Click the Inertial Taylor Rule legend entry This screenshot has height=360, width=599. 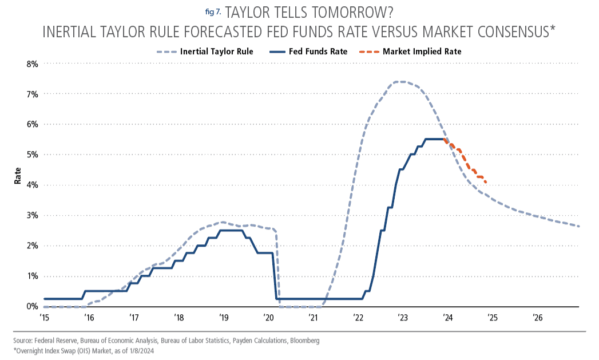[205, 52]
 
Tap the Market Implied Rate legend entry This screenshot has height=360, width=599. [410, 52]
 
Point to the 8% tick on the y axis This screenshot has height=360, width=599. [32, 64]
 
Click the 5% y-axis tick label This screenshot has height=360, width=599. [32, 155]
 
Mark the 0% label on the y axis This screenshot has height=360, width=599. [32, 307]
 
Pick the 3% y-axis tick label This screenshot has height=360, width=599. [32, 216]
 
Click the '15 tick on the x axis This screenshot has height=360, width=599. [44, 318]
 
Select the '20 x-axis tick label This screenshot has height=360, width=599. [268, 318]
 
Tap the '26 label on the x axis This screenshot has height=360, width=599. [537, 318]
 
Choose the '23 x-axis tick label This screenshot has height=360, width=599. [403, 318]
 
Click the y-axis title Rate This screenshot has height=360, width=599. [18, 176]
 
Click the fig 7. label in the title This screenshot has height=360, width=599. [213, 12]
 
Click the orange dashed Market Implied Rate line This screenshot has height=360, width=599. [465, 160]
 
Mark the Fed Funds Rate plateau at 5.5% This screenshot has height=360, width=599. [434, 139]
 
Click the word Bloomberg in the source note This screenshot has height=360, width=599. [305, 341]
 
